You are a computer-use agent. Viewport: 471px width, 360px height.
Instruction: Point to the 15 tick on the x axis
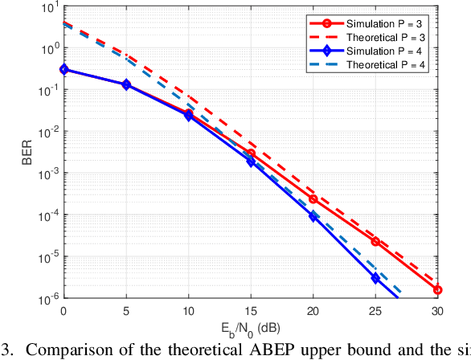tap(251, 310)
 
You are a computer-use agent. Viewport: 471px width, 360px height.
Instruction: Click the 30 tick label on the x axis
tap(438, 310)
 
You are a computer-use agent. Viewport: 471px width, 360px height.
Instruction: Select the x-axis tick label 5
tap(126, 310)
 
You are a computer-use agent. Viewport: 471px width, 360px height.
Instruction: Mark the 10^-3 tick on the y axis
tap(48, 174)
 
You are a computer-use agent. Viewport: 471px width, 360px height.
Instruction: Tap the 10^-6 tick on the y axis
tap(48, 298)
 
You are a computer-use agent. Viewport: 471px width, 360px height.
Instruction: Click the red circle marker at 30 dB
tap(438, 290)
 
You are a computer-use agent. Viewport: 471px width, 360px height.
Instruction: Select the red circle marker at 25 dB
tap(375, 241)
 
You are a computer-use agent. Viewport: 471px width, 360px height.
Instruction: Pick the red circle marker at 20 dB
tap(313, 198)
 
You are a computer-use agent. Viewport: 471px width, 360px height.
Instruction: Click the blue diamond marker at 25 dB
tap(375, 278)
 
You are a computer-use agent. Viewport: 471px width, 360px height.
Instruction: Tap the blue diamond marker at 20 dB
tap(313, 215)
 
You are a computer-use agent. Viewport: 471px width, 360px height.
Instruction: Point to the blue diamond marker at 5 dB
tap(126, 84)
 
